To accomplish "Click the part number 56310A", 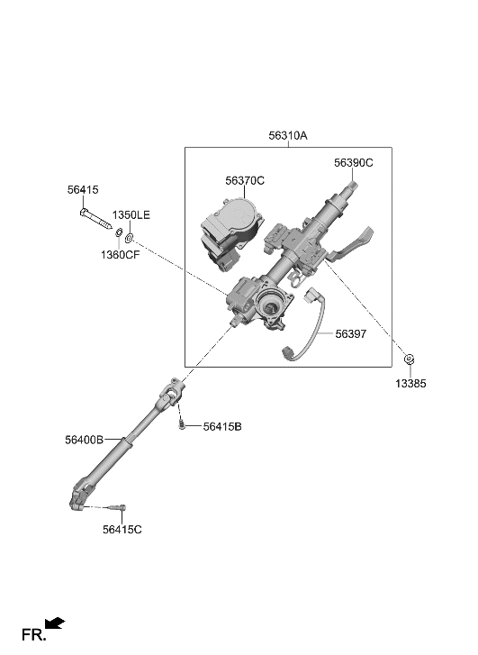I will pyautogui.click(x=287, y=135).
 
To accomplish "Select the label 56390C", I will pyautogui.click(x=353, y=163).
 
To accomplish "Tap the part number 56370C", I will pyautogui.click(x=245, y=181).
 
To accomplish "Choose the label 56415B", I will pyautogui.click(x=222, y=426).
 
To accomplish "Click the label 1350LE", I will pyautogui.click(x=131, y=216).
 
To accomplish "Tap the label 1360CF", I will pyautogui.click(x=120, y=255).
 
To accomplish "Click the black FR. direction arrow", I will pyautogui.click(x=56, y=623).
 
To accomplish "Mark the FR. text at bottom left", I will pyautogui.click(x=32, y=636).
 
